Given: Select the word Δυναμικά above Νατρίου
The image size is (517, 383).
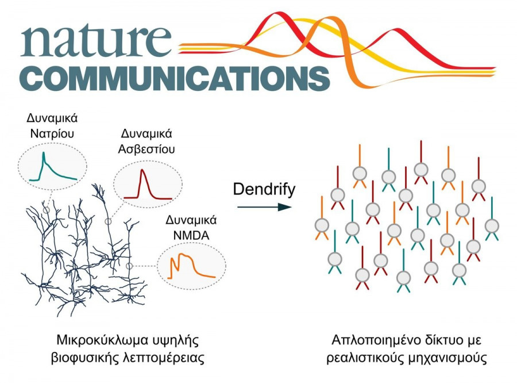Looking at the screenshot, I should coord(52,118).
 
